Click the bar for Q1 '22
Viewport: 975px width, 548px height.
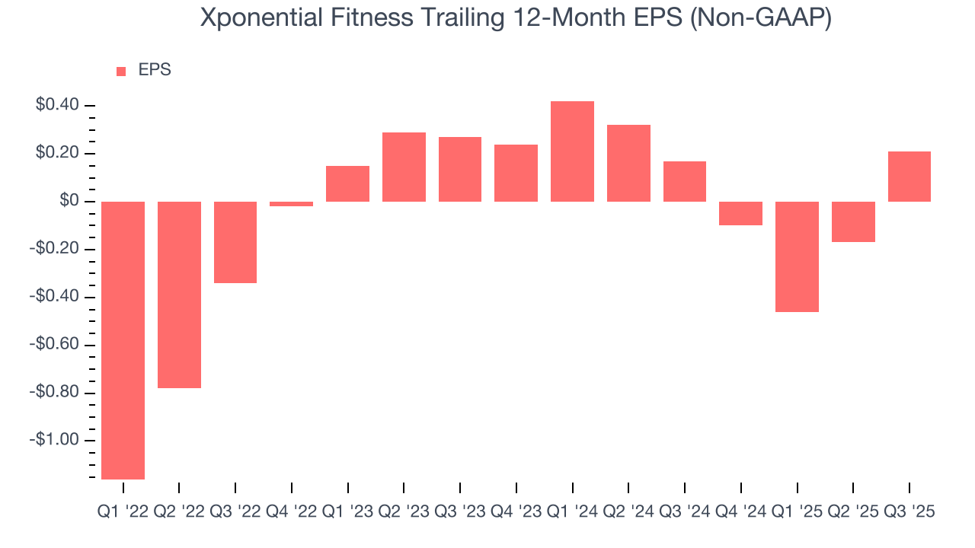click(123, 340)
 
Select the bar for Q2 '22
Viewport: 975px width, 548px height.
click(179, 295)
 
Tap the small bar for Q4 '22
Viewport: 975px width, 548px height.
click(292, 204)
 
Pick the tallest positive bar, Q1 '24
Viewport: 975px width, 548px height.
click(572, 151)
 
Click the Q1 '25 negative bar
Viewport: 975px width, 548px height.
click(797, 256)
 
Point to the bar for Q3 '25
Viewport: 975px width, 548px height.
click(909, 177)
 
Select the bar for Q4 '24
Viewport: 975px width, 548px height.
click(740, 213)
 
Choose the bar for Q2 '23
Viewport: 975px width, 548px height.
click(404, 167)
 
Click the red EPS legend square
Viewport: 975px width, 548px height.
click(121, 71)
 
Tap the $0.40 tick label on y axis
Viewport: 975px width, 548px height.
click(58, 105)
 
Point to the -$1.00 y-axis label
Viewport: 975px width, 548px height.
click(55, 441)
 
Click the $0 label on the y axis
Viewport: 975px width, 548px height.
click(70, 201)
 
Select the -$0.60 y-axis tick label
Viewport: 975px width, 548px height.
click(55, 345)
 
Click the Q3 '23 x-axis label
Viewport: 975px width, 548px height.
click(460, 512)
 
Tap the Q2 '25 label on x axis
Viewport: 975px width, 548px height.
click(853, 512)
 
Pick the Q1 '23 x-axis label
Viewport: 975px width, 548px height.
click(347, 512)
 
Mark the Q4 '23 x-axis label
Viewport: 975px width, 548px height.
click(516, 512)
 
